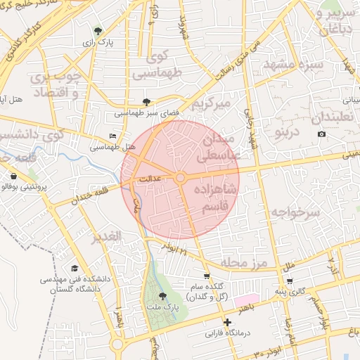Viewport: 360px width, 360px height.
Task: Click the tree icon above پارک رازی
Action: pos(98,31)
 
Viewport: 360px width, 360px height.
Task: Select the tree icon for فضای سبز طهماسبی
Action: pos(147,102)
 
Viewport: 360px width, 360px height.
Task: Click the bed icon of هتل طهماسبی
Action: pos(114,136)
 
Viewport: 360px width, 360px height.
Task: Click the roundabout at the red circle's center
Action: pos(181,179)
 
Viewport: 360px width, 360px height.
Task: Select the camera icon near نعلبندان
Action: pos(322,134)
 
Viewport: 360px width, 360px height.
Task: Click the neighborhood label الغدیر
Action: pos(108,236)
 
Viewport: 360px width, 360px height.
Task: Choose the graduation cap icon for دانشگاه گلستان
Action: pos(75,268)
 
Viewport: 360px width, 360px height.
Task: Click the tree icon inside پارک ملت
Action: pos(163,297)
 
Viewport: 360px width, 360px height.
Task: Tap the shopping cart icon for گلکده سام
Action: pos(207,276)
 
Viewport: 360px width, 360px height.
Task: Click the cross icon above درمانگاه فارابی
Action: pos(227,323)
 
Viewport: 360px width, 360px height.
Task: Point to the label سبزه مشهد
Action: pos(291,65)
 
